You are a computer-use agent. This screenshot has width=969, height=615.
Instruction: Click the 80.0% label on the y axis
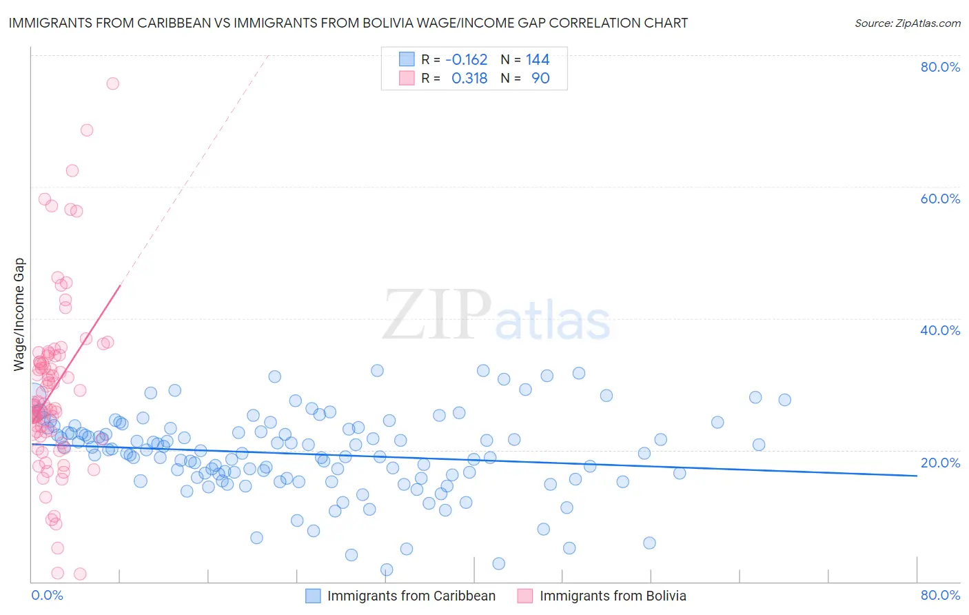(940, 67)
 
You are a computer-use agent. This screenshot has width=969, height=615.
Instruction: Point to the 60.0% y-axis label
(940, 199)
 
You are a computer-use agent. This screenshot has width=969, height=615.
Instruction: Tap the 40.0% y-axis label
(940, 330)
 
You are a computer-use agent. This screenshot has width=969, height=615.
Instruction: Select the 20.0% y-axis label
(940, 463)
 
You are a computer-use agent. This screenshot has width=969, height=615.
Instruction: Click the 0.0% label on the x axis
(47, 595)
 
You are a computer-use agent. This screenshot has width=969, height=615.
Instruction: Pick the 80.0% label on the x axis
(940, 595)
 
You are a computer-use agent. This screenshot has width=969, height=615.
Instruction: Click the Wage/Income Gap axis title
(19, 314)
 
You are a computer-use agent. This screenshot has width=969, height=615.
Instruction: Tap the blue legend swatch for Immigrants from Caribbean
(313, 596)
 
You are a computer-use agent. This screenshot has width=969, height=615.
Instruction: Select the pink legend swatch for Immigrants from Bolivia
(525, 596)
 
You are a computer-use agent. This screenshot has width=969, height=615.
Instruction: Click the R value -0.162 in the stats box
(467, 60)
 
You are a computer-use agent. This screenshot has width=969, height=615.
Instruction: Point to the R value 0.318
(469, 79)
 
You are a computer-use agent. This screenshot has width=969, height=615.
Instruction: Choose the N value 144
(538, 60)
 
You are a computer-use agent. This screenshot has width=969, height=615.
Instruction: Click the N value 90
(540, 79)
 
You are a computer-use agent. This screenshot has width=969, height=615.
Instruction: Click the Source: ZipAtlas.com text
(907, 23)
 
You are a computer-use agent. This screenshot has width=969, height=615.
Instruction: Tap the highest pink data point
(112, 83)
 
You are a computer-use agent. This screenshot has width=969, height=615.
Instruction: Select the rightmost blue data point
(784, 400)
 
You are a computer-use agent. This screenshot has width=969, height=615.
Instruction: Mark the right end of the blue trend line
(917, 476)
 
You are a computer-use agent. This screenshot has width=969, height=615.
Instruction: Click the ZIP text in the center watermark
(437, 315)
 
